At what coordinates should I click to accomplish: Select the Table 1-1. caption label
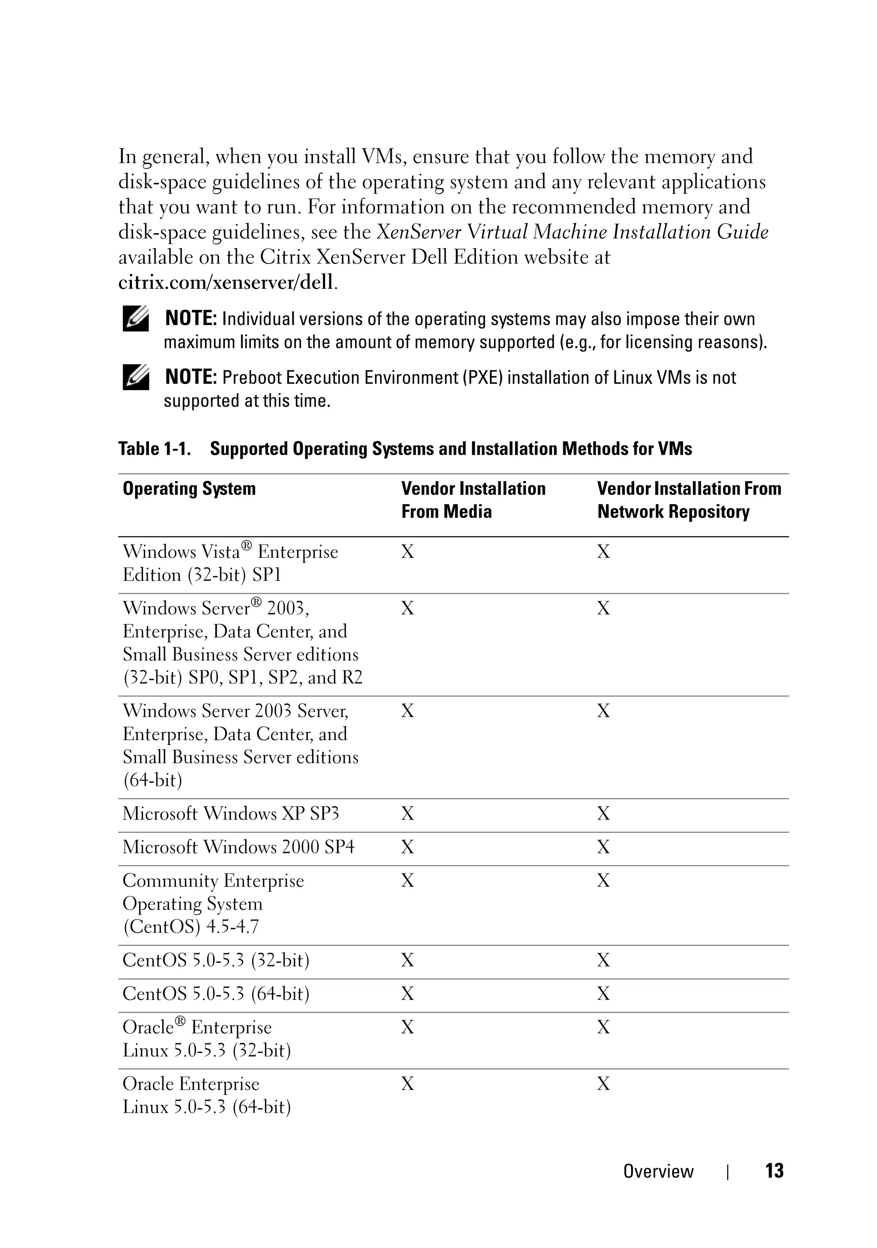(x=154, y=449)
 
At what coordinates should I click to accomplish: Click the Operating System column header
(x=189, y=489)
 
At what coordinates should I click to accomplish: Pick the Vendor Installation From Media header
(x=473, y=500)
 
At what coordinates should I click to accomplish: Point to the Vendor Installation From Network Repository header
(x=689, y=500)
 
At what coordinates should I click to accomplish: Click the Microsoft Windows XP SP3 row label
(x=230, y=814)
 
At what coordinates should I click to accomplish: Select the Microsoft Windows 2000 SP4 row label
(x=238, y=847)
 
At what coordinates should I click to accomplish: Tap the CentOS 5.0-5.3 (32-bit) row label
(x=216, y=960)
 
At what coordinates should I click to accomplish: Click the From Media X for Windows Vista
(x=408, y=552)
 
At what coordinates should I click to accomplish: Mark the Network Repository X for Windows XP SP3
(x=603, y=814)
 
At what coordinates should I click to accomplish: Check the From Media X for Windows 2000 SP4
(x=408, y=847)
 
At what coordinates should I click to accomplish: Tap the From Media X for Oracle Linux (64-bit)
(x=408, y=1084)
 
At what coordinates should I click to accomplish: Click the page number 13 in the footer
(x=774, y=1171)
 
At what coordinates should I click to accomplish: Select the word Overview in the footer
(x=658, y=1171)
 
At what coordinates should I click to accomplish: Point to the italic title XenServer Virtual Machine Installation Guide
(x=572, y=232)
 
